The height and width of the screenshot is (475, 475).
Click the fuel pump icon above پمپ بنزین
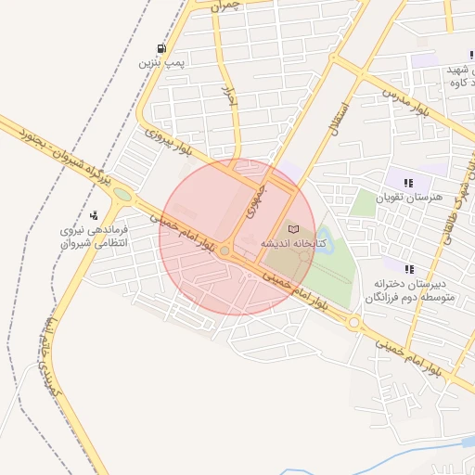[x=163, y=49]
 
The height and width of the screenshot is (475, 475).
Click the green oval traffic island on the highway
[x=122, y=195]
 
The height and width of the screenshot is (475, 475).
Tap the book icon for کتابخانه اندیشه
[x=294, y=228]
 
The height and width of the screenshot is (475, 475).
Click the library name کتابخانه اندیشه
[x=291, y=243]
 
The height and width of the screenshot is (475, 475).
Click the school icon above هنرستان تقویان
[x=408, y=182]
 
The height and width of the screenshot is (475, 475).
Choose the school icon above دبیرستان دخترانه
[x=410, y=268]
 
